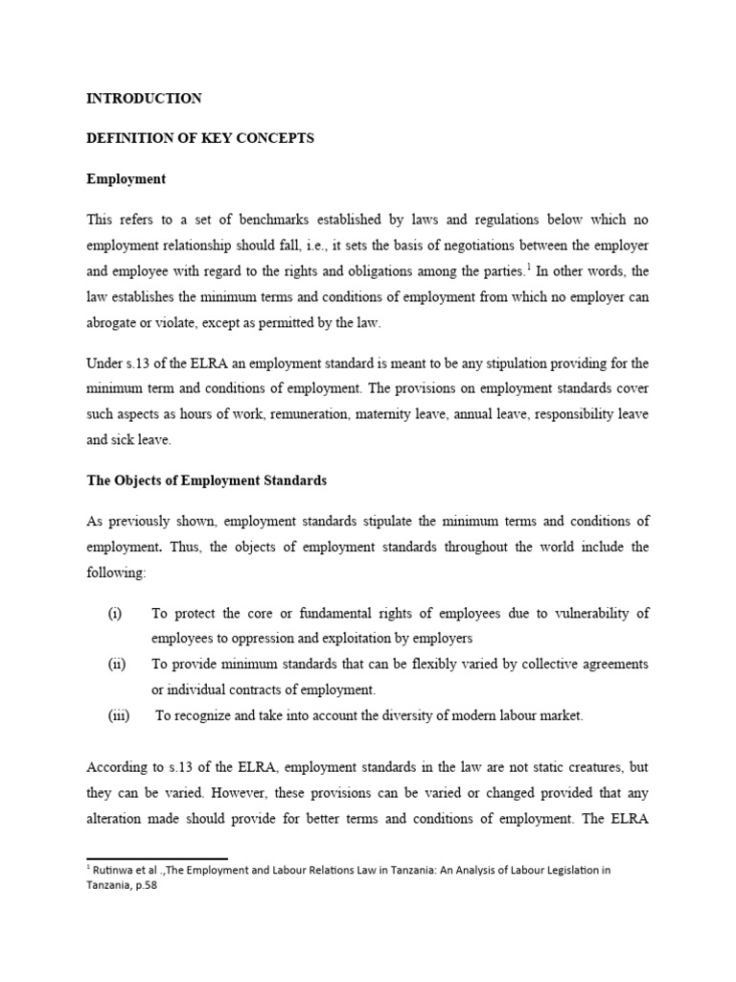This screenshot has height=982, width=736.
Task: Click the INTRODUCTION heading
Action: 144,98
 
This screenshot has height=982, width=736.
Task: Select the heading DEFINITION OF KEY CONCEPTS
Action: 200,138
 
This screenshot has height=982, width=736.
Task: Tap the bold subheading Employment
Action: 126,178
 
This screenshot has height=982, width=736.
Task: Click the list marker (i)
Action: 115,613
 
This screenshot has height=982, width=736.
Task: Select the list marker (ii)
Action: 117,664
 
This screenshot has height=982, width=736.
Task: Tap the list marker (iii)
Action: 119,714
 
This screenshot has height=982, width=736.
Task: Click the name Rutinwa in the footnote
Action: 114,870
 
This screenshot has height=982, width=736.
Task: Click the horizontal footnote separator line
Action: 156,858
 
